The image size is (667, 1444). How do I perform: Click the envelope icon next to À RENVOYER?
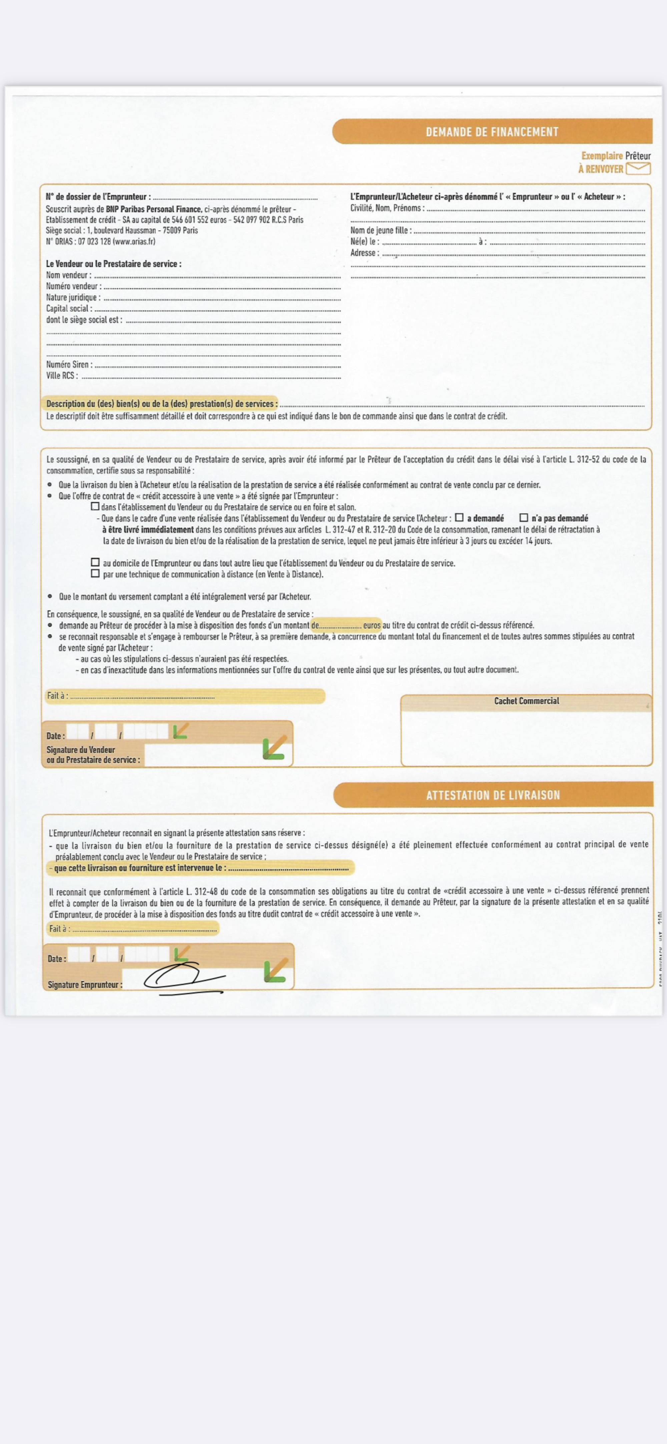point(638,168)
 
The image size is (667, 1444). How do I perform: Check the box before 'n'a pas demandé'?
point(524,517)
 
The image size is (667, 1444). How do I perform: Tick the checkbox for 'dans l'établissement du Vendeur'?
point(95,506)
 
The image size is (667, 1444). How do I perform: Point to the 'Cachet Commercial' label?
point(526,701)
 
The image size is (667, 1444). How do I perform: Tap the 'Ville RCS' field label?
point(62,376)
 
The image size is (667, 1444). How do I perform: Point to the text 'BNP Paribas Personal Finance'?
point(154,209)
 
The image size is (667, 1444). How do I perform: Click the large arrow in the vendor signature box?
point(275,748)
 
